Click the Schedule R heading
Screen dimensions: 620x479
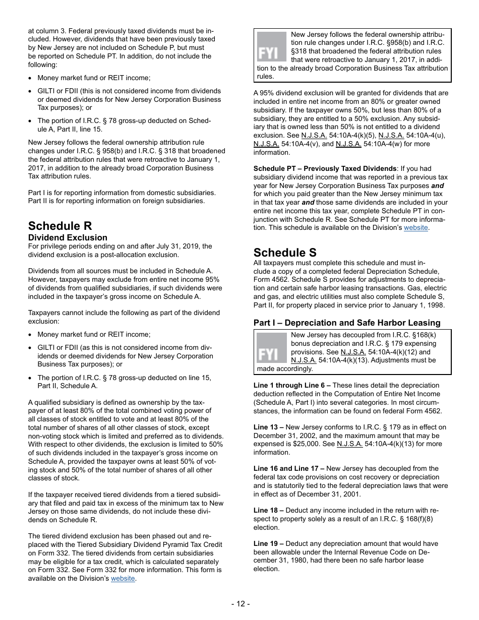point(60,226)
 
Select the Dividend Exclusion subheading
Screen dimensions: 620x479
point(68,237)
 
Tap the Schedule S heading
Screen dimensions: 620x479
point(285,253)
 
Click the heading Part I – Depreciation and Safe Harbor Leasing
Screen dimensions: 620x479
point(347,323)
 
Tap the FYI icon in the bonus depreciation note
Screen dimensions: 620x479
point(271,348)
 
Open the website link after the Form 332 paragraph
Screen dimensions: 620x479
point(123,578)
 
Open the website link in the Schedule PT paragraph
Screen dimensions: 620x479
point(416,227)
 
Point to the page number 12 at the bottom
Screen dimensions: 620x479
point(241,603)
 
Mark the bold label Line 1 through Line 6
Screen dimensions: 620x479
point(292,385)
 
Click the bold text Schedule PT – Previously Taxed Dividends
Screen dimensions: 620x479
point(325,168)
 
